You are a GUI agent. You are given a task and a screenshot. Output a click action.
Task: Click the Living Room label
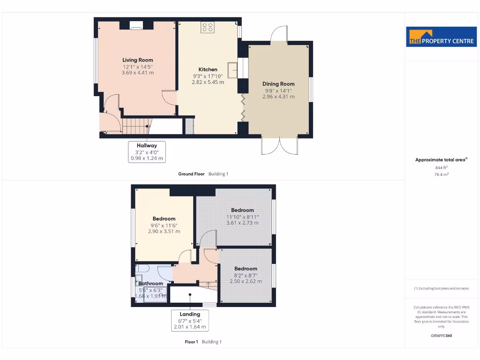click(137, 60)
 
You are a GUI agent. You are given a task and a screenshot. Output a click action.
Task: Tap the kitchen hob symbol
click(207, 28)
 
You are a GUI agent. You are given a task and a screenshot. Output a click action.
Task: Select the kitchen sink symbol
click(233, 70)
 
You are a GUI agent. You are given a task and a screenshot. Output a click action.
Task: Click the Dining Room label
click(278, 84)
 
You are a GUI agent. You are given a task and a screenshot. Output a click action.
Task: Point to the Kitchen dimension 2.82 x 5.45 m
click(208, 82)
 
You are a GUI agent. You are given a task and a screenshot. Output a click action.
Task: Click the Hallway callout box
click(147, 152)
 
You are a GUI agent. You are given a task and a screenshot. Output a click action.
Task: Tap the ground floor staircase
click(136, 126)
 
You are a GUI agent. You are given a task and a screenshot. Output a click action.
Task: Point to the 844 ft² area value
click(441, 167)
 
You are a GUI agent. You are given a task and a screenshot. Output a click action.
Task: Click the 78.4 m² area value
click(441, 174)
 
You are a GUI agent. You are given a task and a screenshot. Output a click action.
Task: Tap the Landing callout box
click(189, 321)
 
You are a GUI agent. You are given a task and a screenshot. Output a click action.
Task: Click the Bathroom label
click(150, 284)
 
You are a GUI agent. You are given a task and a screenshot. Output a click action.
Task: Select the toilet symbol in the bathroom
click(142, 268)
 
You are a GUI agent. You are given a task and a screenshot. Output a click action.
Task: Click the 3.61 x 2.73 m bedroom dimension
click(242, 223)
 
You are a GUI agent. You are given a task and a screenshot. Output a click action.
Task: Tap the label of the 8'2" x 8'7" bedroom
click(246, 269)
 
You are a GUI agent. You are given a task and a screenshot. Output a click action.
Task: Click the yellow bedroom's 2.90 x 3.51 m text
click(164, 231)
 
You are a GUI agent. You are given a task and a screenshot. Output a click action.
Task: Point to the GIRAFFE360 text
click(441, 336)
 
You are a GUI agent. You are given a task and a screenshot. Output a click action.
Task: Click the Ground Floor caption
click(191, 174)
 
